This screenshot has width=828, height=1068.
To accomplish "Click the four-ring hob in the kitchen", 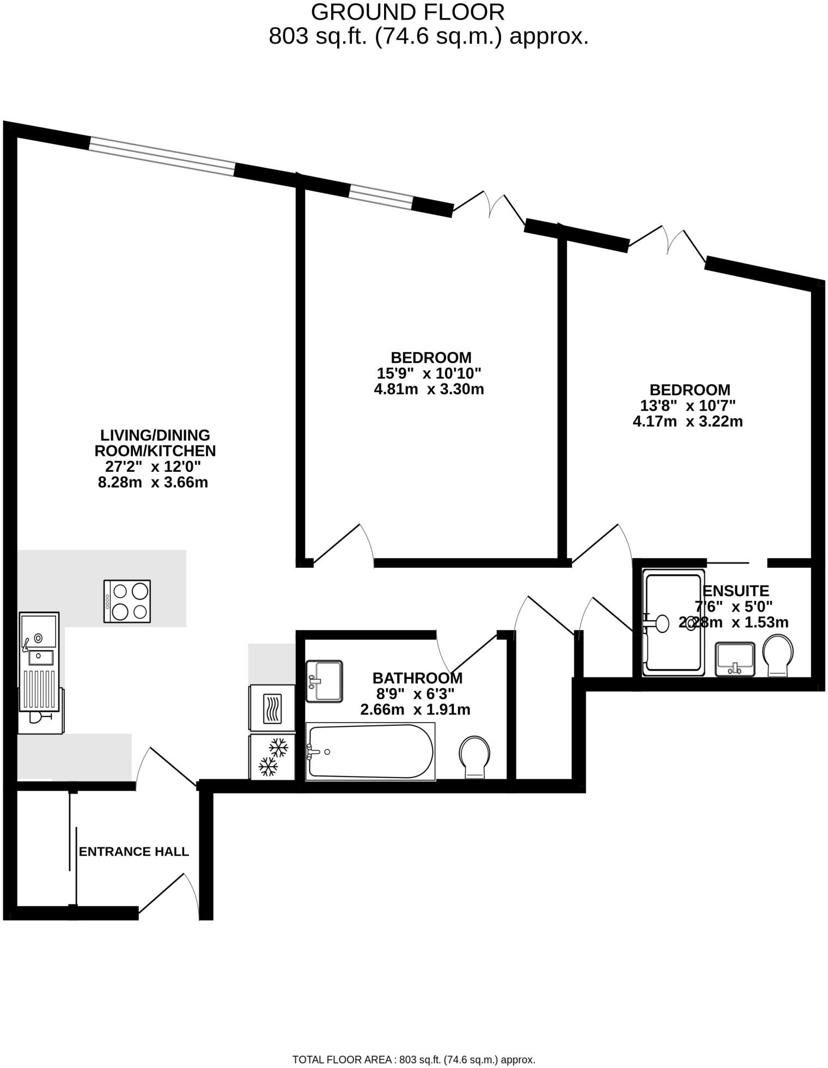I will tap(127, 601).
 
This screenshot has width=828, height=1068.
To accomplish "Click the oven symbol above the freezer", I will tap(272, 708).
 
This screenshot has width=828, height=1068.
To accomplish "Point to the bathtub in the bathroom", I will tap(370, 751).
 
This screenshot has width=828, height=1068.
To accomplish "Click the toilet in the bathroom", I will tap(474, 756).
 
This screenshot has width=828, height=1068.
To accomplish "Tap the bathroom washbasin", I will tap(324, 681).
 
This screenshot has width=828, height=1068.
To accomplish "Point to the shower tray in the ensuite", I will tap(673, 623).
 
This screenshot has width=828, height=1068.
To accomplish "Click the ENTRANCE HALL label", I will tap(134, 852).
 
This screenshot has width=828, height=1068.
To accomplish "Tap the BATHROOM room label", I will tap(417, 678).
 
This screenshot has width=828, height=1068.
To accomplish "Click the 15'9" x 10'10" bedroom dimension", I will tap(429, 373).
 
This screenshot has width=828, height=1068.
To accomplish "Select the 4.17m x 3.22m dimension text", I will tap(687, 421).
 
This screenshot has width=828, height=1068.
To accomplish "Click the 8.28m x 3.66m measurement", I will tap(153, 482).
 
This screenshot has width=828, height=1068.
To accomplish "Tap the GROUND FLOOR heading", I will tap(407, 12).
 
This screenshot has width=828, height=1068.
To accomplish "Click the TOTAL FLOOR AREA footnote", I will tap(414, 1059).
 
